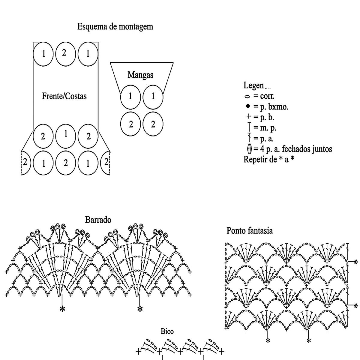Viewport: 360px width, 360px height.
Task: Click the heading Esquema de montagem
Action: click(x=115, y=27)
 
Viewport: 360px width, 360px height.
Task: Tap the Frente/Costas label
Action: click(x=64, y=96)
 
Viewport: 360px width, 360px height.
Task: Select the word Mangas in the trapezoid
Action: click(x=140, y=75)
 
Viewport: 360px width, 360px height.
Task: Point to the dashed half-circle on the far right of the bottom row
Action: click(x=106, y=162)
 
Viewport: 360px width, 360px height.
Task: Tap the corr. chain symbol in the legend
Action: click(x=247, y=97)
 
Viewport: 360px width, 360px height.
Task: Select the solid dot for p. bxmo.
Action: click(x=247, y=106)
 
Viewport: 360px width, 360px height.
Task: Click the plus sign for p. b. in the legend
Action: click(x=248, y=116)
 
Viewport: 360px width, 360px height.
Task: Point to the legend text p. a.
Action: click(x=263, y=139)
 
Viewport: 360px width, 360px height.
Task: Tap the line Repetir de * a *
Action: click(x=268, y=159)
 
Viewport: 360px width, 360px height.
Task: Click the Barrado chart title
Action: click(x=98, y=220)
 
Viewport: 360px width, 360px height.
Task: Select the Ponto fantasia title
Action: click(x=250, y=231)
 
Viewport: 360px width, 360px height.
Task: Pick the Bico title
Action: click(x=167, y=331)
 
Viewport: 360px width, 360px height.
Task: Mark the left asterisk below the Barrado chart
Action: click(x=62, y=309)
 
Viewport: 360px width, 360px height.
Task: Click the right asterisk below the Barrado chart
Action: click(x=139, y=309)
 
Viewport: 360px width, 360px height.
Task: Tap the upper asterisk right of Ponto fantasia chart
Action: click(x=356, y=262)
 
